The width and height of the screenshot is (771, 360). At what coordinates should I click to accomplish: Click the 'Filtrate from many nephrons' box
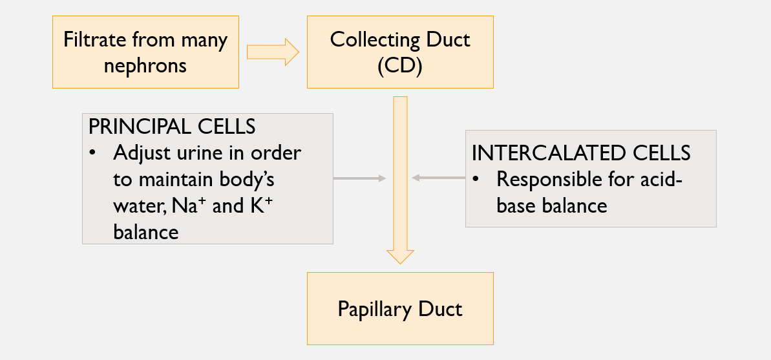(145, 52)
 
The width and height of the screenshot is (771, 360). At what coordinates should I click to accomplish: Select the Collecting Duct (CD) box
(400, 52)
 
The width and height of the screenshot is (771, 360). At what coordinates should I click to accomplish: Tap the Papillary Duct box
(400, 308)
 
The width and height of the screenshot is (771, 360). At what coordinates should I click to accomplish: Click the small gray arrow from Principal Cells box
(359, 178)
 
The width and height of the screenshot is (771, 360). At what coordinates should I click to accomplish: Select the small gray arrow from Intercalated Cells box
(439, 178)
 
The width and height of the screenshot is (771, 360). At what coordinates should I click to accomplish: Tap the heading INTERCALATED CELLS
(581, 153)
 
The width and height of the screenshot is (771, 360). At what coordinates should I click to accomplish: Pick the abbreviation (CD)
(400, 66)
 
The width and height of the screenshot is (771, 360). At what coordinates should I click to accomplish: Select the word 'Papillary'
(374, 309)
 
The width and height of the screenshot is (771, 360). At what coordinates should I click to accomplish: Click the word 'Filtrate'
(96, 40)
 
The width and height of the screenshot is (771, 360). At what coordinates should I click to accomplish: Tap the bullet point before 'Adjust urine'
(94, 154)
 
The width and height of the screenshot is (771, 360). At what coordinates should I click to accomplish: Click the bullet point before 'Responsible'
(477, 180)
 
